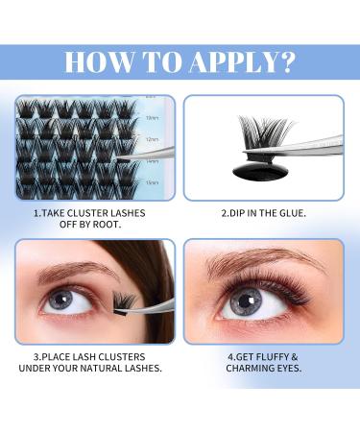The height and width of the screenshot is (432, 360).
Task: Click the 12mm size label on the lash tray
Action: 152,140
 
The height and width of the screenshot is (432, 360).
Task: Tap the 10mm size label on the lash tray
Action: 152,118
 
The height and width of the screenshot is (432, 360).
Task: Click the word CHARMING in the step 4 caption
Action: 251,369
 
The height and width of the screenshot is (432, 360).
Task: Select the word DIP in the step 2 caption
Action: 238,212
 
